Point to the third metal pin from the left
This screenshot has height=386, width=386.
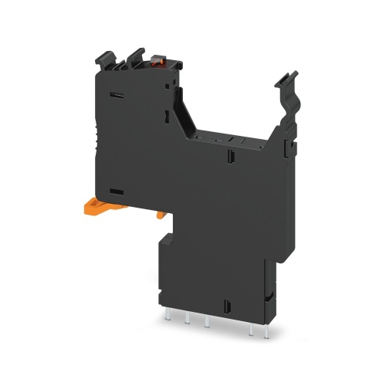[x=206, y=322]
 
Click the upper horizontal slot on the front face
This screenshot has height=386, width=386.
[x=118, y=96]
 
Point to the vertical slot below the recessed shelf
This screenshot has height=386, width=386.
[x=229, y=159]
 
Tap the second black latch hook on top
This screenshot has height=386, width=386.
[x=135, y=56]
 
